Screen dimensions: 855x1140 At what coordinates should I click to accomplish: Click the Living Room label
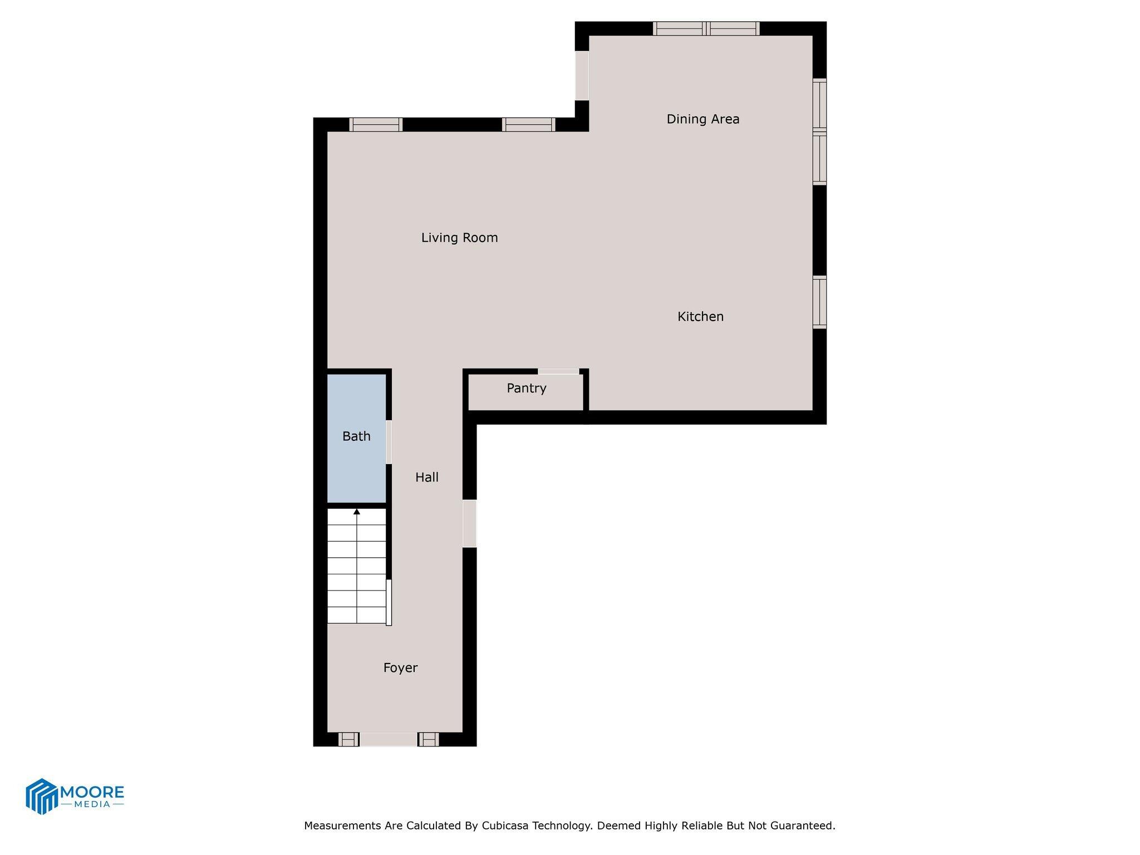point(459,238)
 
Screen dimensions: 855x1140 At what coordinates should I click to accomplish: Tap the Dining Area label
point(702,119)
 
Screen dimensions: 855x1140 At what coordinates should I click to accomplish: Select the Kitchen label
point(700,316)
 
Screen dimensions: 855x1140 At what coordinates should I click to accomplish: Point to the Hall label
point(427,477)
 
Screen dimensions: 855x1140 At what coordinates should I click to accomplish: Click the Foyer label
point(400,667)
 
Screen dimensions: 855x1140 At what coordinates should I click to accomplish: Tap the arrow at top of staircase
point(357,512)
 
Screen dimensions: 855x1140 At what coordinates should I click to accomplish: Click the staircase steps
point(356,573)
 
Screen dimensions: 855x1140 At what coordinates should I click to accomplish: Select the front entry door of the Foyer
point(389,739)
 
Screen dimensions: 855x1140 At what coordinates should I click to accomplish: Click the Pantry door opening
point(558,371)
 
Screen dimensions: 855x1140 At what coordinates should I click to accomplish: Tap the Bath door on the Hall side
point(389,442)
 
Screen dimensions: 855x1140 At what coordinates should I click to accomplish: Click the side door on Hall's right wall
point(470,523)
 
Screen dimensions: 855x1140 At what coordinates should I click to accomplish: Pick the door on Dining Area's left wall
point(582,76)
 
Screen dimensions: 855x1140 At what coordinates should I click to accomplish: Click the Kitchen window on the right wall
point(819,302)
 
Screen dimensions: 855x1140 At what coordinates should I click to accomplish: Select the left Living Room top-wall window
point(376,125)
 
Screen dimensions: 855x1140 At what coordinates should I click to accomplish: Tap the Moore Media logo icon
point(42,796)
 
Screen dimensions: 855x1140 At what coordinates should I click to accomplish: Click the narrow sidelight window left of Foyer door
point(348,739)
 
